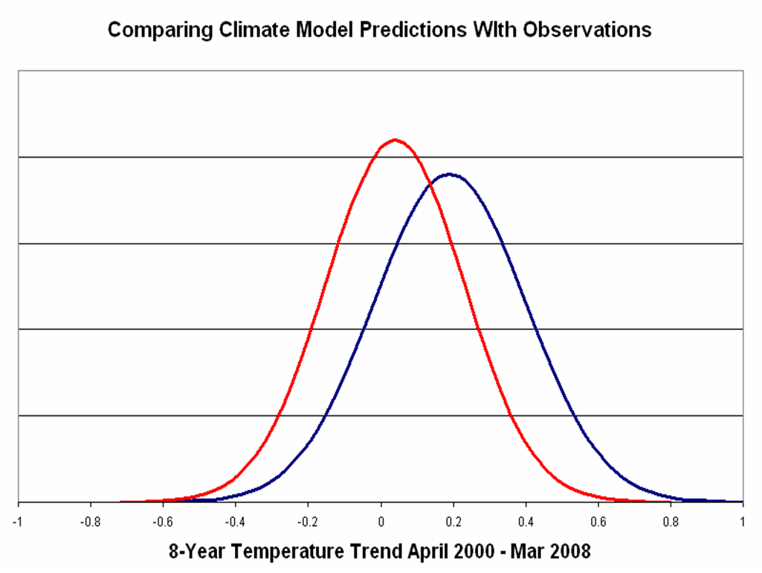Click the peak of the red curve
(395, 140)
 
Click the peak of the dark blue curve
(450, 174)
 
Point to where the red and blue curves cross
(431, 184)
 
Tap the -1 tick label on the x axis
(19, 522)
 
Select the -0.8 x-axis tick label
(91, 522)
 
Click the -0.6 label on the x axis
(163, 522)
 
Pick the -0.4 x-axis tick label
(235, 522)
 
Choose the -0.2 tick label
(308, 522)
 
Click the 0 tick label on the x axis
(381, 522)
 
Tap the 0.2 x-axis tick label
(453, 522)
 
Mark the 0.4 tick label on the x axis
(526, 522)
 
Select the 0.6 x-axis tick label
(598, 522)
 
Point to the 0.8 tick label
(670, 522)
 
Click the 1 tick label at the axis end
(743, 522)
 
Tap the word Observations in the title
(587, 30)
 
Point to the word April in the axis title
(425, 552)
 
